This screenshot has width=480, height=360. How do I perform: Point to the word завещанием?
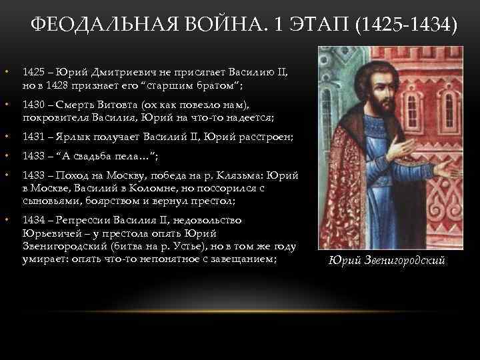click(244, 259)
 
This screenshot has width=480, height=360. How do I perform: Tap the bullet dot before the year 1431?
click(6, 137)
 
